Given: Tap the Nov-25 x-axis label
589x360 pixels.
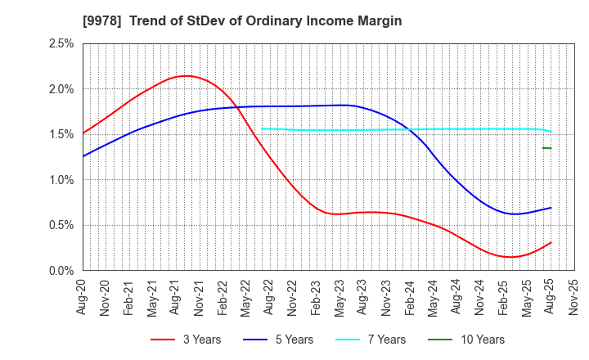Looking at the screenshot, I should pos(573,296).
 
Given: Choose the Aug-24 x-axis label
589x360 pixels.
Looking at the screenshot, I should pos(456,296).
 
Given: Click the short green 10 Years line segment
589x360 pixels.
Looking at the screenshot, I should pos(546,148).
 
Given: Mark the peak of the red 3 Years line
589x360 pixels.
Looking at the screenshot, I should pos(187,76).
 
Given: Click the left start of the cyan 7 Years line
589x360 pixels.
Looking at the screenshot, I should pos(261,128).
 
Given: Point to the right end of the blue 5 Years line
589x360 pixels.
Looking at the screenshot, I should pos(551,208).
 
